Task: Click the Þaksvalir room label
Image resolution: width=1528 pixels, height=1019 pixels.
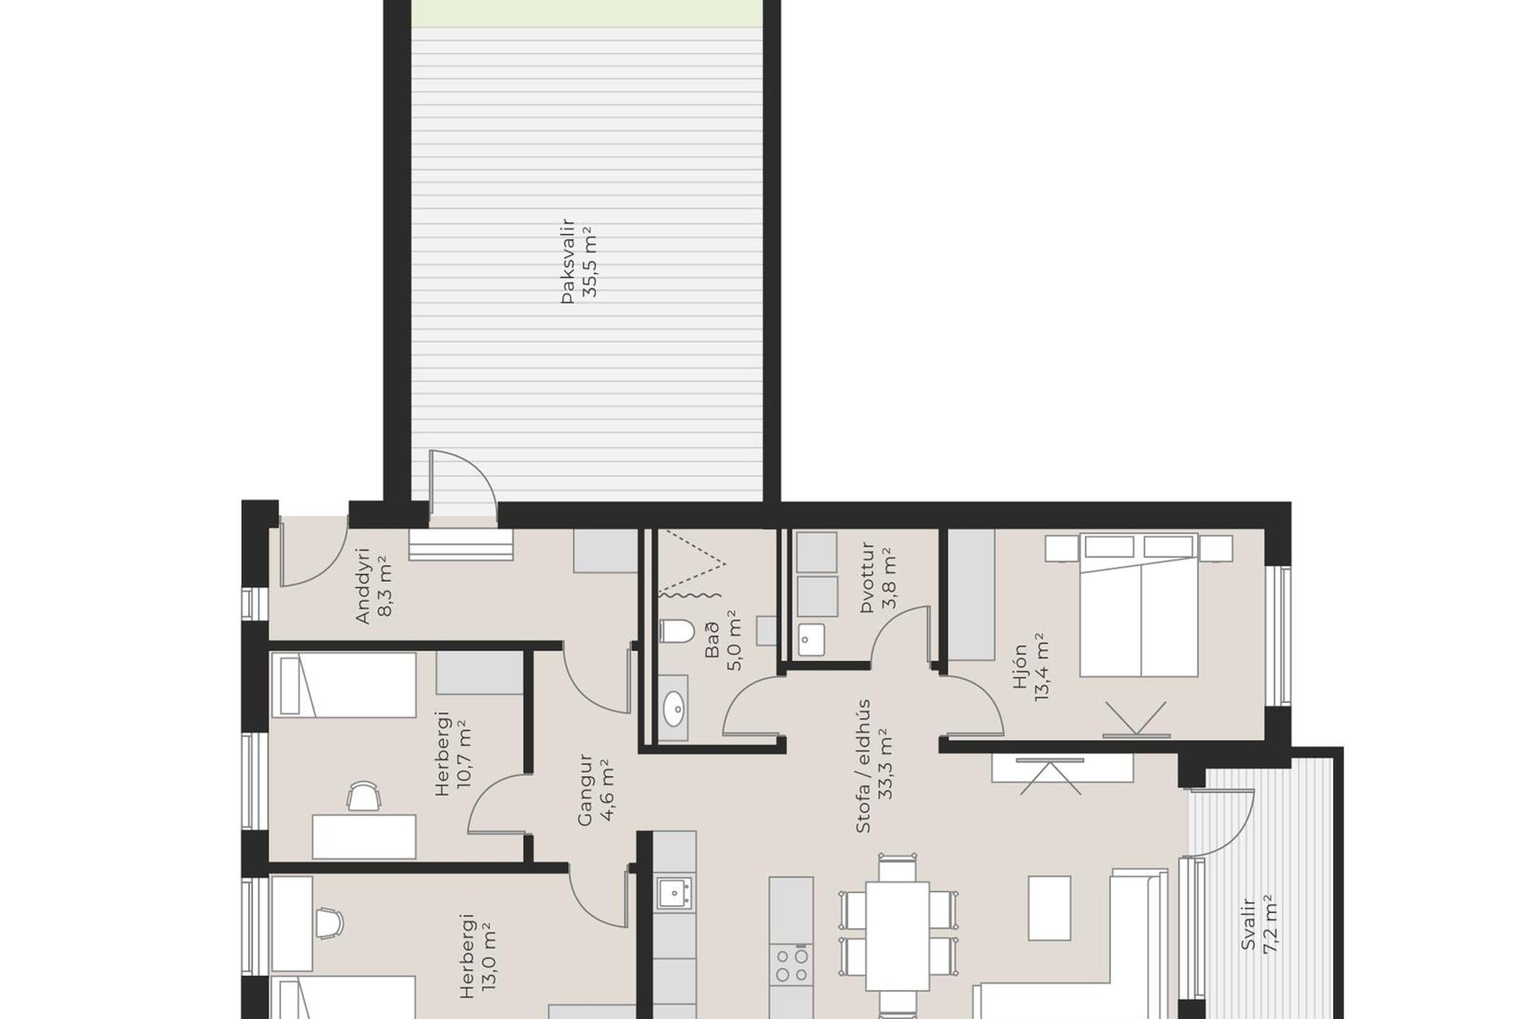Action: (567, 260)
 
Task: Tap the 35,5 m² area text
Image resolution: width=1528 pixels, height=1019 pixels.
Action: (591, 262)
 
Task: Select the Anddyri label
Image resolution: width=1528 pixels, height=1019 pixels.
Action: (363, 585)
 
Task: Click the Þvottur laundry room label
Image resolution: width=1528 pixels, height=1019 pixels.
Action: (867, 578)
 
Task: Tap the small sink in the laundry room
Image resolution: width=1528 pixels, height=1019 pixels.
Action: (812, 639)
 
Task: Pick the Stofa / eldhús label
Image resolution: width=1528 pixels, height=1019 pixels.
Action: (864, 766)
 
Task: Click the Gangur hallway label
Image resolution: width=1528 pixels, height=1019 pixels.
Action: (586, 790)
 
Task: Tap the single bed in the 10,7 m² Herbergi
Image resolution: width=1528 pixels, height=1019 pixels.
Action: (344, 685)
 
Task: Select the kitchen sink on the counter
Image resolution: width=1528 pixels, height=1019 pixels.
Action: (674, 892)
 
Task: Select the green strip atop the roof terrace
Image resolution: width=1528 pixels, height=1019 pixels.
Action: (587, 12)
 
